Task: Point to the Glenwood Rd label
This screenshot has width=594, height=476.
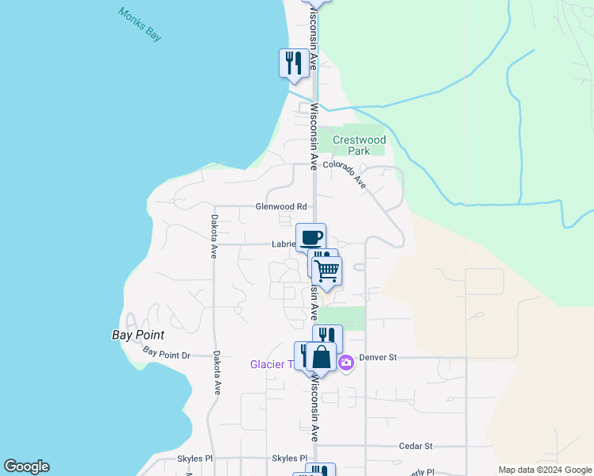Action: tap(280, 207)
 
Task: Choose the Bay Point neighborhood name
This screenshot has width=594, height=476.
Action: tap(137, 335)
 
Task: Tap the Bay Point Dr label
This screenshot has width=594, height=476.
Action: tap(167, 353)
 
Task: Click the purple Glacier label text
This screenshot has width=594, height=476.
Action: tap(270, 365)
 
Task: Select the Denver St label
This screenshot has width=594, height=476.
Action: tap(377, 358)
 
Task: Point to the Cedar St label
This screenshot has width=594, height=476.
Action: tap(415, 447)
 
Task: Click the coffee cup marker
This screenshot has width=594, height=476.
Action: tap(311, 237)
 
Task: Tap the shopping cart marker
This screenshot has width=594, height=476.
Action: tap(327, 271)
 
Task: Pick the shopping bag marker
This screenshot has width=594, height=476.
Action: tap(321, 357)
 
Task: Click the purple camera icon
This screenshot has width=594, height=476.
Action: tap(346, 363)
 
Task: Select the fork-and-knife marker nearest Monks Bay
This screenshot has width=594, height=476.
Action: tap(294, 62)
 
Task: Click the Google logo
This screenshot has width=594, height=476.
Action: tap(26, 466)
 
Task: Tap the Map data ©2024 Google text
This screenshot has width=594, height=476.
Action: tap(545, 470)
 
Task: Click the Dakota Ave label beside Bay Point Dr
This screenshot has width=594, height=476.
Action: tap(215, 373)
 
